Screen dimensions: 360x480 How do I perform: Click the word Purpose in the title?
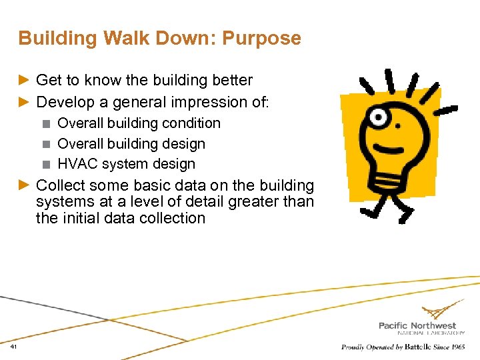[x=261, y=39]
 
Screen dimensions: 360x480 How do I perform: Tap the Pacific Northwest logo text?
[x=417, y=325]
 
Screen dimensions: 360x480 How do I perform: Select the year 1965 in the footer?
[x=457, y=347]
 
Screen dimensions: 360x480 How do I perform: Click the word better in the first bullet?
[x=230, y=81]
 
